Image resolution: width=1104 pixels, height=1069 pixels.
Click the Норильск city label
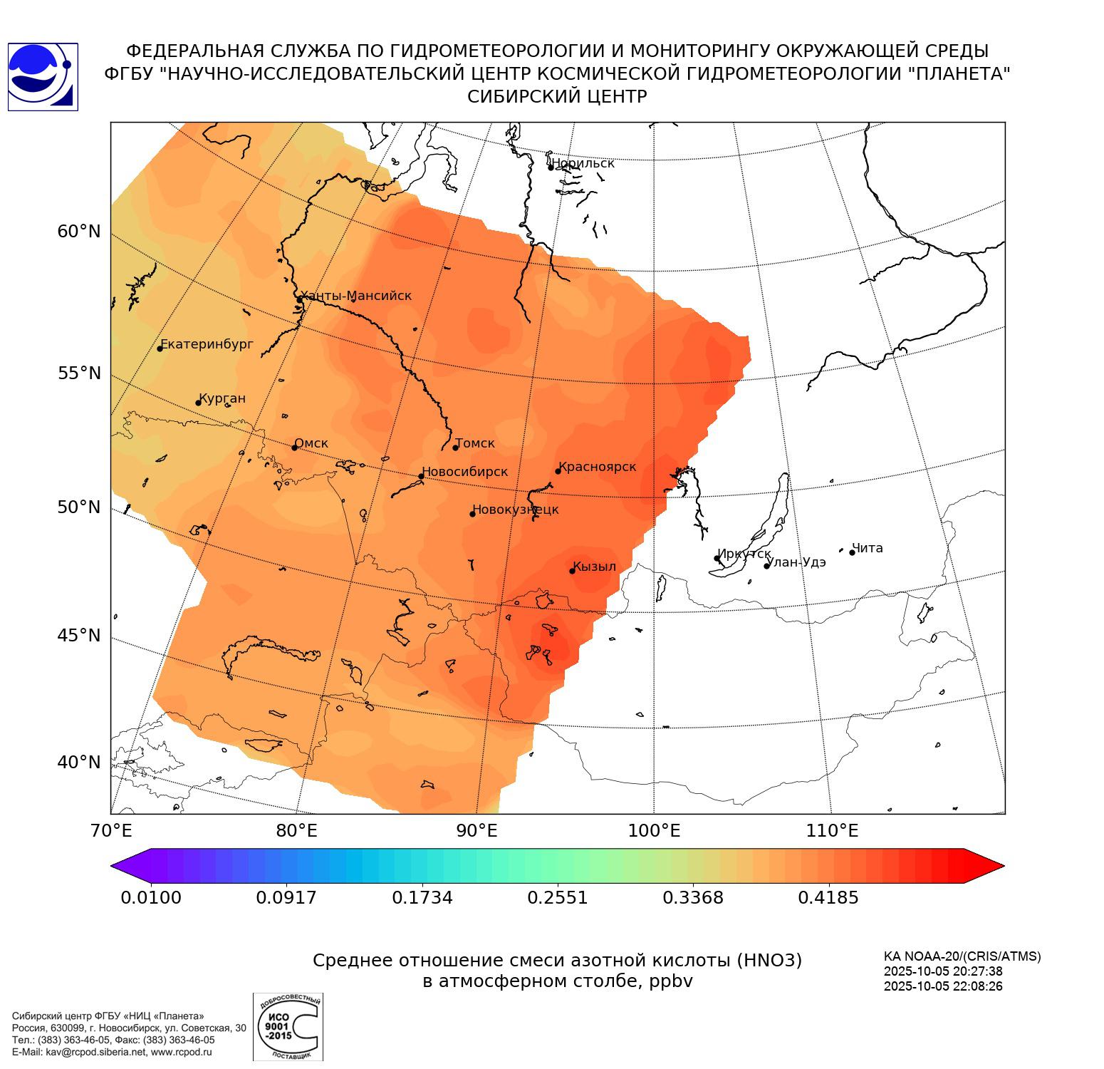pyautogui.click(x=583, y=163)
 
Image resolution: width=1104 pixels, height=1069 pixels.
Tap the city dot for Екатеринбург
pyautogui.click(x=160, y=348)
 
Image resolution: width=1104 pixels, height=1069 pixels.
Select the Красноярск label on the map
pyautogui.click(x=597, y=467)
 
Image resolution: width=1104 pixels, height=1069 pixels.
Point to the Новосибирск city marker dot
pyautogui.click(x=421, y=476)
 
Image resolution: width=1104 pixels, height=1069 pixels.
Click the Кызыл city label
pyautogui.click(x=594, y=567)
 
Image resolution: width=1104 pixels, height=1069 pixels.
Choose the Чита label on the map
pyautogui.click(x=868, y=548)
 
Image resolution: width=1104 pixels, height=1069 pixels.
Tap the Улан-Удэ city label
pyautogui.click(x=796, y=562)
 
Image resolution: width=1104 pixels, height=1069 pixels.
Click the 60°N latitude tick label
pyautogui.click(x=79, y=232)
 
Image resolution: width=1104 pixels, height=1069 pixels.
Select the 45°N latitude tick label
pyautogui.click(x=79, y=635)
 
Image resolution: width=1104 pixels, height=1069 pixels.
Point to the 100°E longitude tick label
pyautogui.click(x=655, y=830)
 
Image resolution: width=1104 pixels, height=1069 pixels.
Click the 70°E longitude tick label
pyautogui.click(x=112, y=830)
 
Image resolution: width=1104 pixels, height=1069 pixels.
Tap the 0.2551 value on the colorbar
pyautogui.click(x=557, y=897)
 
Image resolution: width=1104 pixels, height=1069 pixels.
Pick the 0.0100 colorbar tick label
pyautogui.click(x=151, y=897)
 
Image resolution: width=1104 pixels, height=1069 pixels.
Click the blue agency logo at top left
pyautogui.click(x=43, y=77)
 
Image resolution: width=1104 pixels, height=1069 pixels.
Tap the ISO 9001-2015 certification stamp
pyautogui.click(x=288, y=1026)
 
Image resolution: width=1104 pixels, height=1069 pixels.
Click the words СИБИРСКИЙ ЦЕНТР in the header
pyautogui.click(x=557, y=96)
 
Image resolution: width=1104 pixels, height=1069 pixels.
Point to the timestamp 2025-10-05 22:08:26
pyautogui.click(x=943, y=986)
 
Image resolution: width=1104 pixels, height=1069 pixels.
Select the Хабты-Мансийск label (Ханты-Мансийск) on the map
pyautogui.click(x=355, y=296)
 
